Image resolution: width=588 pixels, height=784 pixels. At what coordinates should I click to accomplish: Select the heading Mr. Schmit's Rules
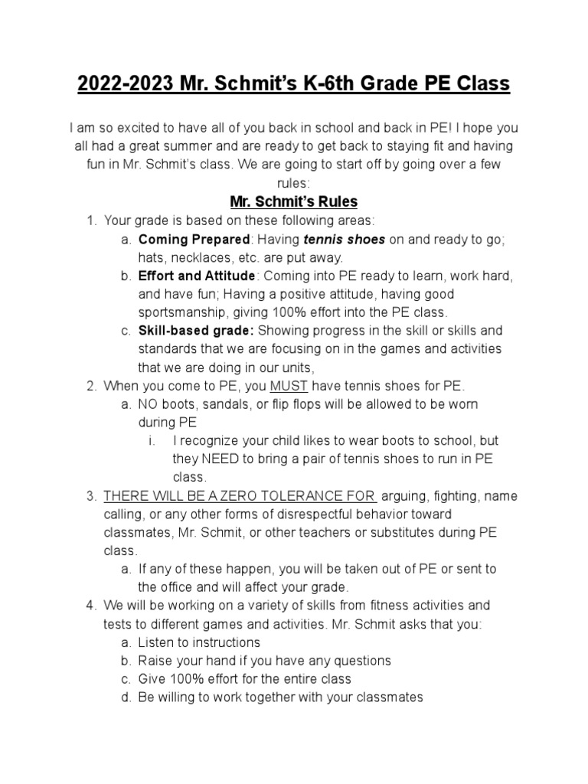tap(294, 202)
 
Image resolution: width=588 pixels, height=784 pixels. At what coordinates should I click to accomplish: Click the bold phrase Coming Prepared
tap(194, 240)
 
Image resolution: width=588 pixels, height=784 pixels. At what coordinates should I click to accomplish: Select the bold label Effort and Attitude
tap(197, 276)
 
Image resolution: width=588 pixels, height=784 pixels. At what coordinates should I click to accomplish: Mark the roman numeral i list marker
tap(152, 440)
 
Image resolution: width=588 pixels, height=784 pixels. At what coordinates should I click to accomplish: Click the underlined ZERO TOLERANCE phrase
tap(240, 495)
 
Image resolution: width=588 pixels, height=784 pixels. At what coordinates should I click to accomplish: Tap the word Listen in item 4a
tap(157, 642)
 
